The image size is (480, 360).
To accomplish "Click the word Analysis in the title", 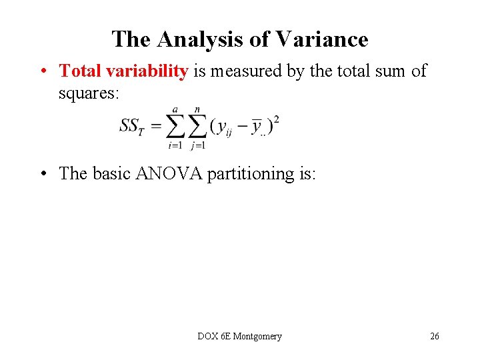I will [x=199, y=39].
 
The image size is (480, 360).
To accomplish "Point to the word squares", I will [x=89, y=94].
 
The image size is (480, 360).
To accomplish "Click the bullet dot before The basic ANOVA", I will [x=42, y=175].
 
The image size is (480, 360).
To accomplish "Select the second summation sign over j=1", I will [x=197, y=126].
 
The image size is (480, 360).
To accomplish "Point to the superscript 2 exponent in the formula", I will [x=276, y=119].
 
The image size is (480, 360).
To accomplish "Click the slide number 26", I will [x=434, y=337].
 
